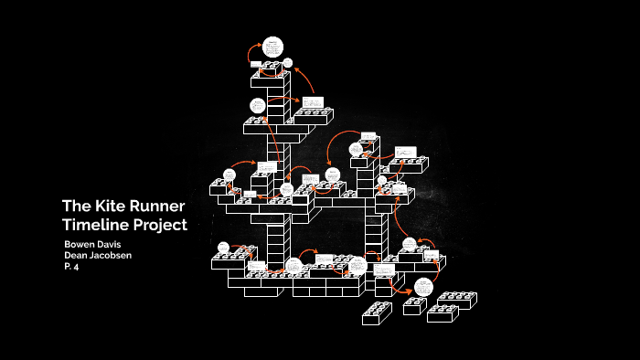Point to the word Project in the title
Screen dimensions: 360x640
point(161,224)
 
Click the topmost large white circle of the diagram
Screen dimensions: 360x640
point(272,46)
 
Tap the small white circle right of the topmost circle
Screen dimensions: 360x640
point(288,63)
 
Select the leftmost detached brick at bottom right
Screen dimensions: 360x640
point(376,312)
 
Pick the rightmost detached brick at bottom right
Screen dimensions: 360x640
point(454,300)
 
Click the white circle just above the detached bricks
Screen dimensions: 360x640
point(421,286)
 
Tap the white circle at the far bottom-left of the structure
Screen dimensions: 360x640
point(223,248)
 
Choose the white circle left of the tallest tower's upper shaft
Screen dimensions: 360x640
point(258,105)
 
